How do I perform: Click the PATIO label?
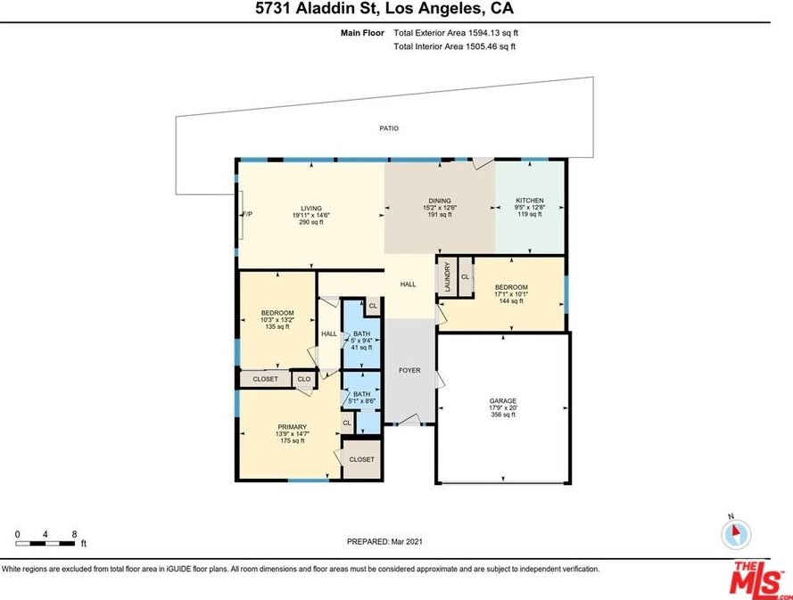[x=389, y=128]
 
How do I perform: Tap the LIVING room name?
[x=311, y=209]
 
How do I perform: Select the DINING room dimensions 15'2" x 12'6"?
[x=440, y=208]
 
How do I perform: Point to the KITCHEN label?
[x=530, y=201]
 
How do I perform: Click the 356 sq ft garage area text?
[x=503, y=415]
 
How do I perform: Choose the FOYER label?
[x=409, y=371]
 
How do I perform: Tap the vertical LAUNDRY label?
[x=447, y=277]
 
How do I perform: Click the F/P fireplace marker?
[x=248, y=214]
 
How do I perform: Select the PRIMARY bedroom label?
[x=293, y=427]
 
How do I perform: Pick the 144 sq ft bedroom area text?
[x=511, y=301]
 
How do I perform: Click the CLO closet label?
[x=304, y=379]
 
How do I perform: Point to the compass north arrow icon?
[x=736, y=534]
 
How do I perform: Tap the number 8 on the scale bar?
[x=74, y=534]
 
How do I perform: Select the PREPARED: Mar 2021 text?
[x=384, y=542]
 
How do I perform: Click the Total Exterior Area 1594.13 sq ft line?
[x=456, y=33]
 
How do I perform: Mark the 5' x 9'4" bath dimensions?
[x=361, y=341]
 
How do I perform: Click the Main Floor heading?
[x=363, y=33]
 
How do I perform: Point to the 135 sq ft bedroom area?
[x=277, y=327]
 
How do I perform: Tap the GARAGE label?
[x=503, y=401]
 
